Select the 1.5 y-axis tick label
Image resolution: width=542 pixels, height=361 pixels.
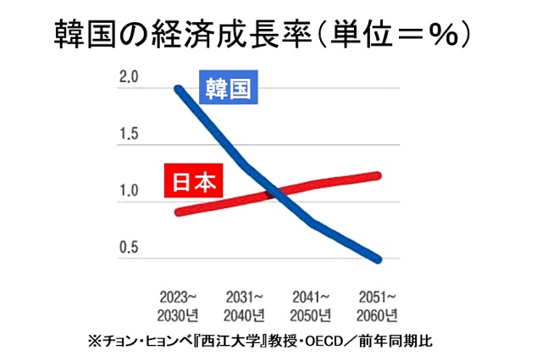point(129,134)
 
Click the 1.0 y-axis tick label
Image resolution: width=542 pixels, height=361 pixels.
point(129,191)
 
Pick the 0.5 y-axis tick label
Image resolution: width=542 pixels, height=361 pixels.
point(129,247)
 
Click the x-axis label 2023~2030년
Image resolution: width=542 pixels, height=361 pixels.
point(179,307)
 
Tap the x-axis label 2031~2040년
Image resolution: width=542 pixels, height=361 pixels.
point(245,307)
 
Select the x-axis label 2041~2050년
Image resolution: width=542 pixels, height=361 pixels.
point(312,307)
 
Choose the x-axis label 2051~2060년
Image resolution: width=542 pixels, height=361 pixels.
point(378,307)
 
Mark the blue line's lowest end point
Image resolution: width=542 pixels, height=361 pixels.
point(377,258)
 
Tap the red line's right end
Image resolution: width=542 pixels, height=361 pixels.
point(377,175)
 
